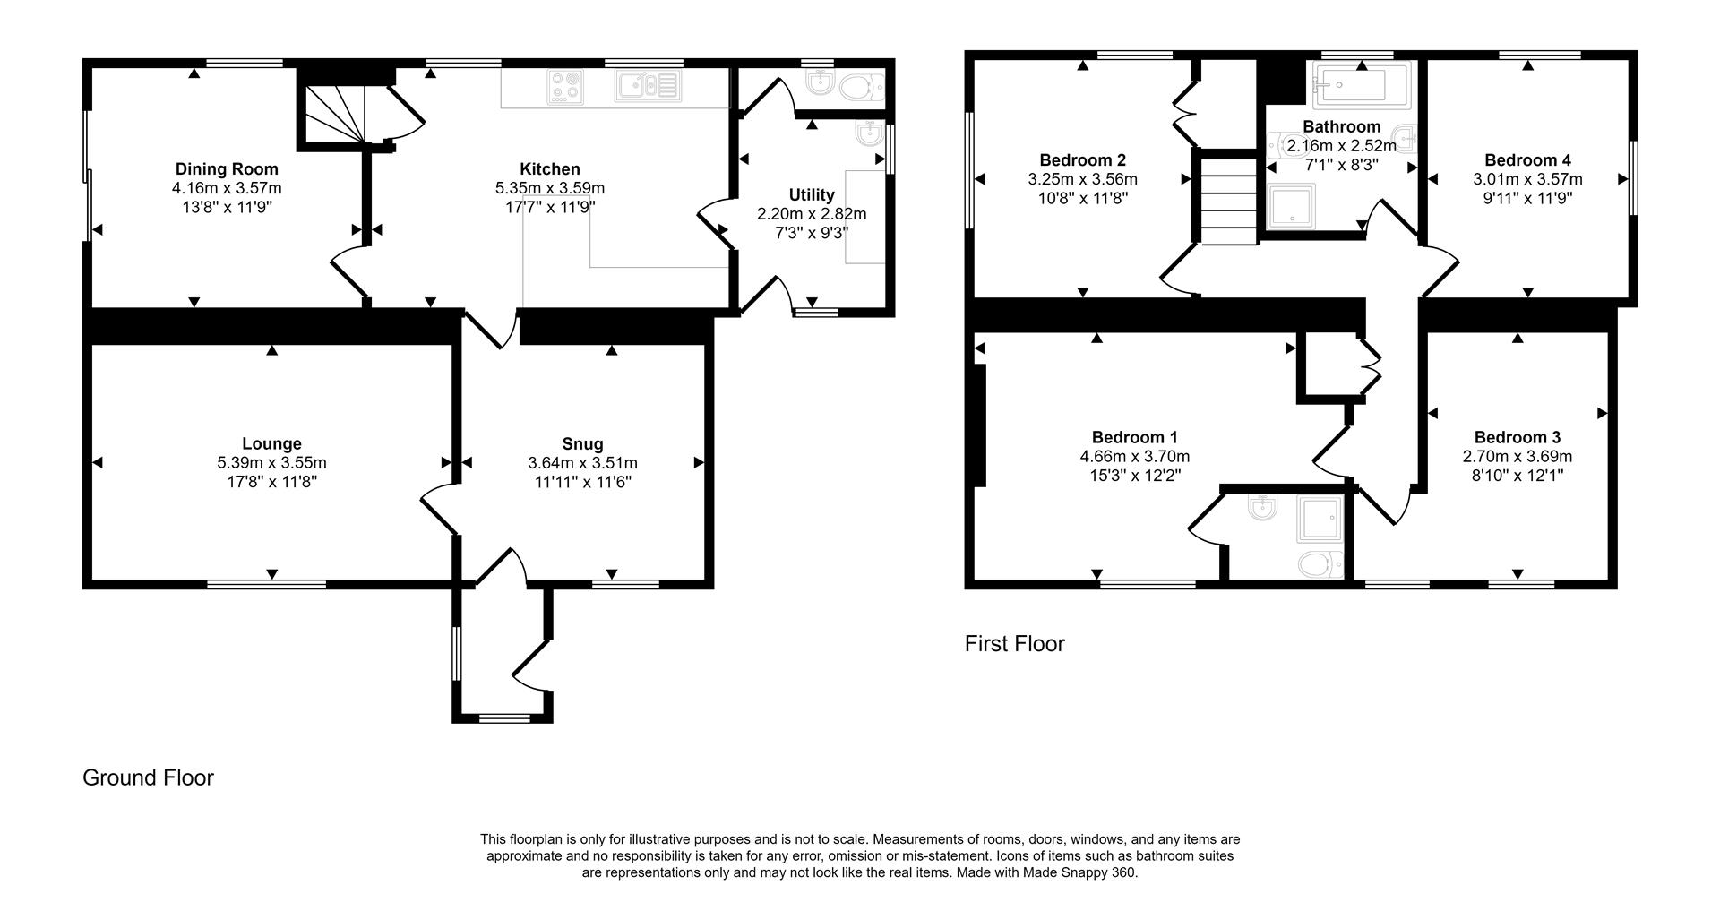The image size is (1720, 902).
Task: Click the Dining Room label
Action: coord(227,169)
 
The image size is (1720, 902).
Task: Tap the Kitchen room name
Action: coord(550,169)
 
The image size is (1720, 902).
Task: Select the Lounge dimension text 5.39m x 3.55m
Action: coord(271,463)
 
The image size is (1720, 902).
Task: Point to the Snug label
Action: coord(582,444)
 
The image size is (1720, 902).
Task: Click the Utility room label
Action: coord(812,195)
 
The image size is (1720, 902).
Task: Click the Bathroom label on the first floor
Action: coord(1341,127)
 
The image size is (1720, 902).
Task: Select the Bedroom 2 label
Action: coord(1082,160)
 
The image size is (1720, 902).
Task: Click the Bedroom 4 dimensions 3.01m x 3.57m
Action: coord(1527,179)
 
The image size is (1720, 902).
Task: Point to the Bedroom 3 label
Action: coord(1518,437)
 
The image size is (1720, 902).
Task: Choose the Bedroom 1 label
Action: coord(1134,437)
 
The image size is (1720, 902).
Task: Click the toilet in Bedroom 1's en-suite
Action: coord(1320,563)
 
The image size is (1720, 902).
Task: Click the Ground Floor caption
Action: coord(148,777)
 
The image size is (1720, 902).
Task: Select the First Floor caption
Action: coord(1014,643)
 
